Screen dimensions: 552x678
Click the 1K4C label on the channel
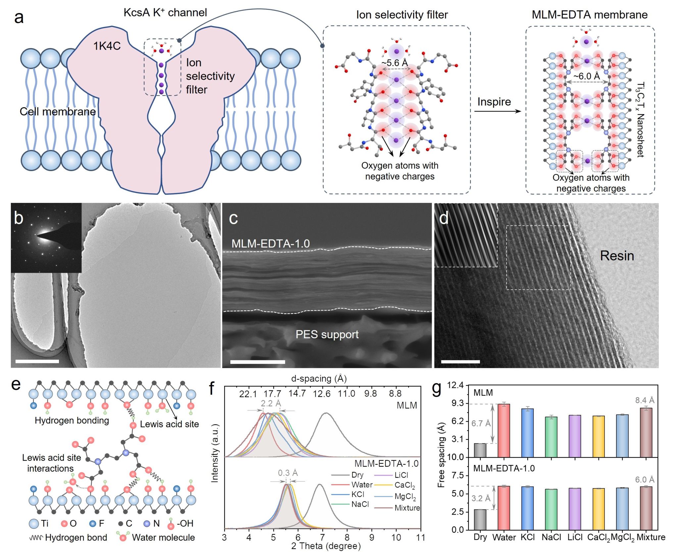click(x=107, y=46)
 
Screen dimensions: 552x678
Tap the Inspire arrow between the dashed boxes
click(x=497, y=111)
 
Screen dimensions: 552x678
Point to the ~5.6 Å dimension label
click(x=394, y=63)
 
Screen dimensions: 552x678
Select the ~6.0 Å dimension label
click(x=587, y=76)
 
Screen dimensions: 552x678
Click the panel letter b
click(x=19, y=218)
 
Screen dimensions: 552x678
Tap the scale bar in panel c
click(x=258, y=362)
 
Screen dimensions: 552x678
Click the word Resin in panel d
click(x=617, y=256)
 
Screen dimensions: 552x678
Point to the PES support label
click(x=327, y=334)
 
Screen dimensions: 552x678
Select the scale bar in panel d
click(x=460, y=361)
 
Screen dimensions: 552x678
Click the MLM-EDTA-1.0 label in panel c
click(x=270, y=244)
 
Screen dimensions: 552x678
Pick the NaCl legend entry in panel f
click(x=360, y=504)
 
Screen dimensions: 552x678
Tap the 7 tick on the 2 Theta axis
click(x=322, y=537)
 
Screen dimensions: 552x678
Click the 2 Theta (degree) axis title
click(x=326, y=546)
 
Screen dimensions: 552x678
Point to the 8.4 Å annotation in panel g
click(x=645, y=400)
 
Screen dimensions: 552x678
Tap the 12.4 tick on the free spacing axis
click(x=456, y=385)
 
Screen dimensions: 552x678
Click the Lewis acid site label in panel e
click(x=169, y=424)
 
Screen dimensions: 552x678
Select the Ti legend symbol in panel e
click(x=34, y=524)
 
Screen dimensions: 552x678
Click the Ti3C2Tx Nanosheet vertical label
click(x=641, y=119)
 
